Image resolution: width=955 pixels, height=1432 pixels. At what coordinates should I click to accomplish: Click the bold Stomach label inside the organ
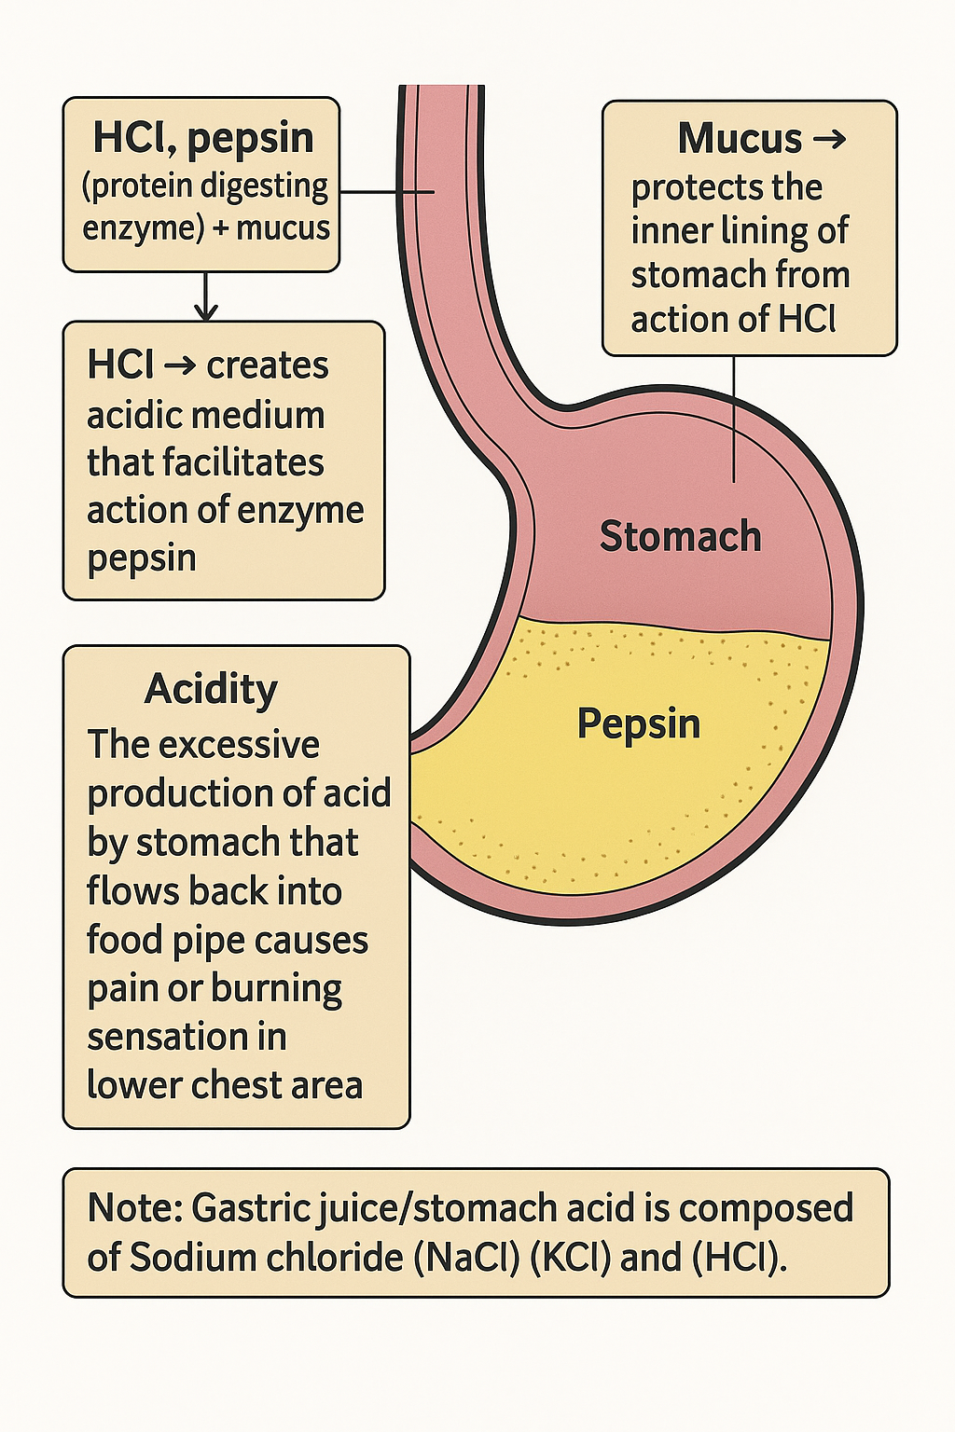680,537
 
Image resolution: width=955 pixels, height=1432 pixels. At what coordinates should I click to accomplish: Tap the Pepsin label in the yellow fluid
638,724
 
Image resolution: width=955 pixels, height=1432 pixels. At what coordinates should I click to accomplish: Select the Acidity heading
211,690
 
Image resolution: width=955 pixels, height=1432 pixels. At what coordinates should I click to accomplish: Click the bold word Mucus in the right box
739,140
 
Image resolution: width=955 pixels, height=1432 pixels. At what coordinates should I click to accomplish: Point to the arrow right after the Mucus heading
829,140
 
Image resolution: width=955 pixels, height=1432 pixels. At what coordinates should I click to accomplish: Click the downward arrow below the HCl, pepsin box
206,298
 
